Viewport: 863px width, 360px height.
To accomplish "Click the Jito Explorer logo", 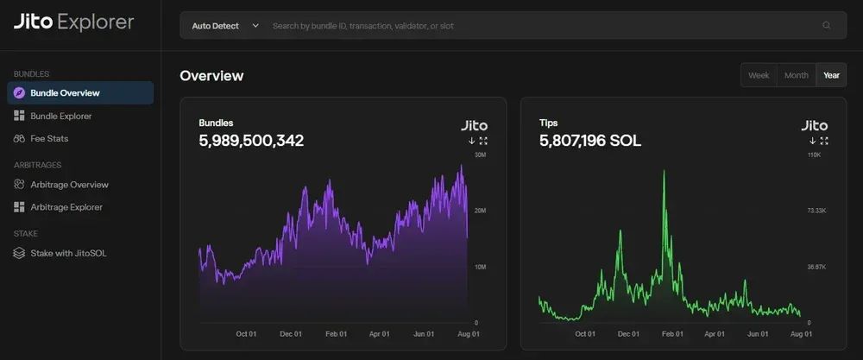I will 73,22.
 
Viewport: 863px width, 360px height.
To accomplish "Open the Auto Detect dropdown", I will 225,26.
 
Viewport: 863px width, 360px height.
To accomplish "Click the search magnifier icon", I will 827,26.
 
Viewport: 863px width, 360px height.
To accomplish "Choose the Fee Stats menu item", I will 49,138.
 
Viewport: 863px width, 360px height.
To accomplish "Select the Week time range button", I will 759,75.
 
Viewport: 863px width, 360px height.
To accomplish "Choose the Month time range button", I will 796,75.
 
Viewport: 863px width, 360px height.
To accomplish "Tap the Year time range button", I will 831,75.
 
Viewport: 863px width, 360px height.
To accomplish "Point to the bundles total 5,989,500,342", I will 251,141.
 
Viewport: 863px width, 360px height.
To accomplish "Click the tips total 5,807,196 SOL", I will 590,141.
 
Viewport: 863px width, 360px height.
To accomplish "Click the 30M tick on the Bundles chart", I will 482,155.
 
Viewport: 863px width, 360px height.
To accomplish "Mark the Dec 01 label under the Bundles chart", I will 291,333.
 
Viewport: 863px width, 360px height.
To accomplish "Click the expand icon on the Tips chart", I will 824,141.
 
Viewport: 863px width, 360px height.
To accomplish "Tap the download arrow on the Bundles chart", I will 472,141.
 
